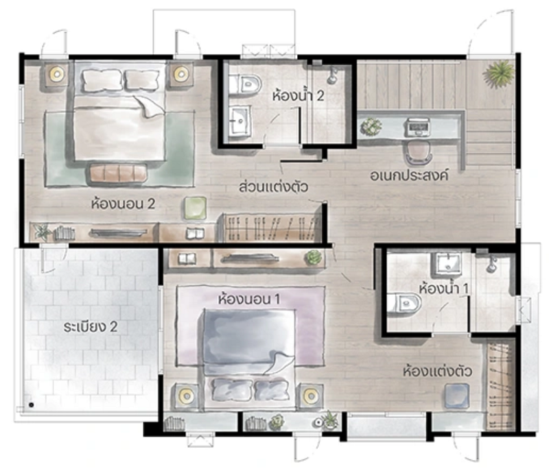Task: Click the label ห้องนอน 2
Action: [x=123, y=204]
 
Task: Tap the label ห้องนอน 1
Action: [x=248, y=299]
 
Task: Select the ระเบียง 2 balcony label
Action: [x=91, y=327]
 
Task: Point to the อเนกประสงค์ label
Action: [x=409, y=175]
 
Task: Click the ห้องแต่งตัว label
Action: [x=437, y=371]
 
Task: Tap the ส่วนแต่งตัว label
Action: [x=273, y=186]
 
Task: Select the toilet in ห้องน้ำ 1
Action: [x=404, y=303]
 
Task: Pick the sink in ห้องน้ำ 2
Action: [x=240, y=121]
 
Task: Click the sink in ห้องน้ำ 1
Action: [x=449, y=263]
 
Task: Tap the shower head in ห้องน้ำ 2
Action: [x=332, y=76]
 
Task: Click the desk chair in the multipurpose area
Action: [x=419, y=152]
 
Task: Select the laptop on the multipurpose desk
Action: [x=418, y=127]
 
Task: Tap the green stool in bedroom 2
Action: [x=195, y=208]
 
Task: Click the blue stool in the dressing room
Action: [x=456, y=396]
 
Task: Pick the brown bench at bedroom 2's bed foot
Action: [x=118, y=172]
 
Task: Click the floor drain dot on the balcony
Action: [x=32, y=405]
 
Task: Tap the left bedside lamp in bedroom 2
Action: [x=56, y=74]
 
